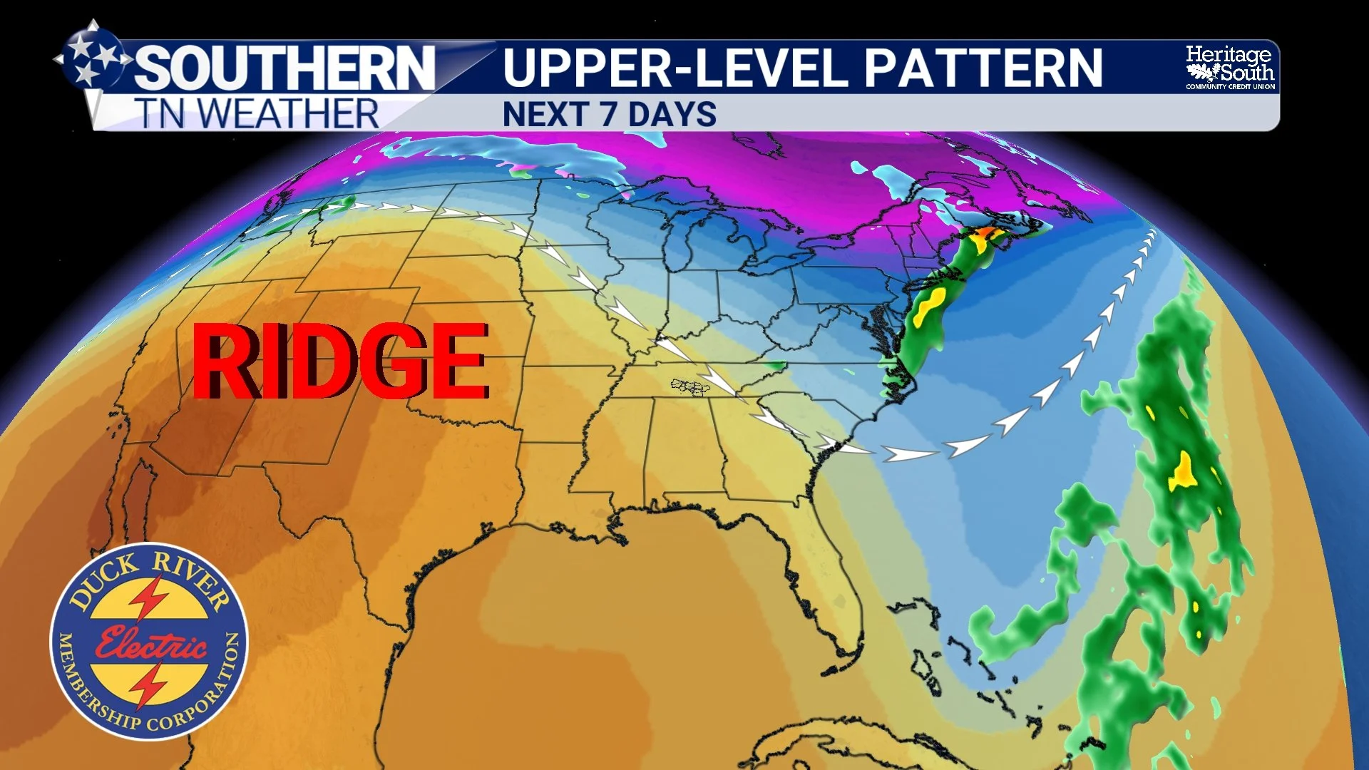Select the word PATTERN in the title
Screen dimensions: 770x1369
tap(983, 68)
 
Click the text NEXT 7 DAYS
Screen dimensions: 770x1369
tap(609, 115)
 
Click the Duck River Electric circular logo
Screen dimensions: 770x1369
tap(149, 641)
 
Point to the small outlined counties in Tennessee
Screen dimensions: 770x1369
tap(690, 387)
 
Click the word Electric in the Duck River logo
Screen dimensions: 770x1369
tap(151, 643)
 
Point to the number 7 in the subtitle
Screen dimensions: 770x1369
tap(608, 115)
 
